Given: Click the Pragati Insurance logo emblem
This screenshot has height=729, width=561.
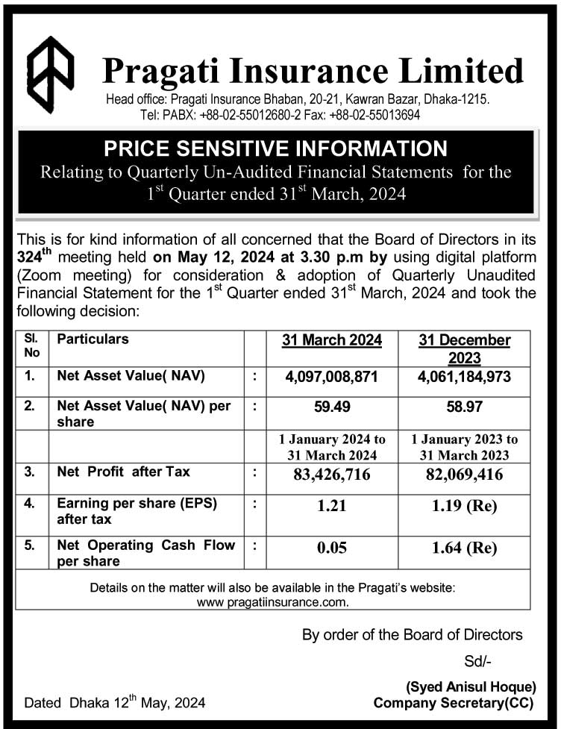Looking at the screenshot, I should click(x=50, y=73).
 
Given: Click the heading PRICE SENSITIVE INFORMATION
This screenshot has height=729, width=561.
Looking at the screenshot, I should click(x=275, y=148).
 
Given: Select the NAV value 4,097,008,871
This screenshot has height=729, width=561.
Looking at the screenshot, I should click(x=331, y=378).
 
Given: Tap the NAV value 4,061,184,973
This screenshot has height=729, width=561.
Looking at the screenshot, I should click(x=465, y=378).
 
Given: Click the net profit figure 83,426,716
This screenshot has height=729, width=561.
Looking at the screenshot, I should click(x=331, y=475).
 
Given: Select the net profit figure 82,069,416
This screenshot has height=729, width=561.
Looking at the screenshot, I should click(x=465, y=475).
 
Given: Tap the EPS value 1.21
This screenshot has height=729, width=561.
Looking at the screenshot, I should click(x=331, y=507).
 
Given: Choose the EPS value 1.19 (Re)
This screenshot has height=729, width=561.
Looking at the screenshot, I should click(x=465, y=507).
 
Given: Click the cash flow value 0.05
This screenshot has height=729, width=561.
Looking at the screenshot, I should click(x=331, y=548).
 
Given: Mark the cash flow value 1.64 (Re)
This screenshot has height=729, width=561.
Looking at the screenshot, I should click(x=465, y=548).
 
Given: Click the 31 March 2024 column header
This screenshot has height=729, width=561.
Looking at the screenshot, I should click(x=331, y=341).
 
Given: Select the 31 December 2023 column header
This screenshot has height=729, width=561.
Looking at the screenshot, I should click(x=465, y=348).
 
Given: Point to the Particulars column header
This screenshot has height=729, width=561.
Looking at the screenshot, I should click(x=93, y=340).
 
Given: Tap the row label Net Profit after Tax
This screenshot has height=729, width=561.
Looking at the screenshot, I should click(x=123, y=472).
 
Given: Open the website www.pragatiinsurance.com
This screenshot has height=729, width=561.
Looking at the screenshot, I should click(x=272, y=601).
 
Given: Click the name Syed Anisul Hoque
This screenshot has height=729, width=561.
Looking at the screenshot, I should click(x=471, y=686).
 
